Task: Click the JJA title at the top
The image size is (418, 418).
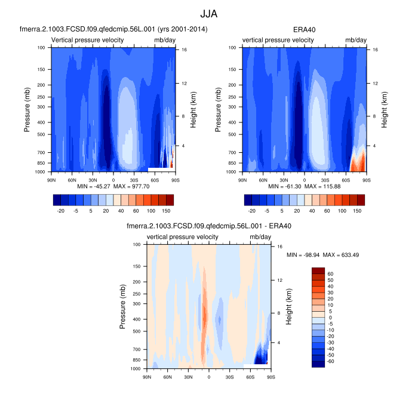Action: coord(209,13)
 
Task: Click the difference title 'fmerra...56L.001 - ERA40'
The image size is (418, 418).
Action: coord(209,226)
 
